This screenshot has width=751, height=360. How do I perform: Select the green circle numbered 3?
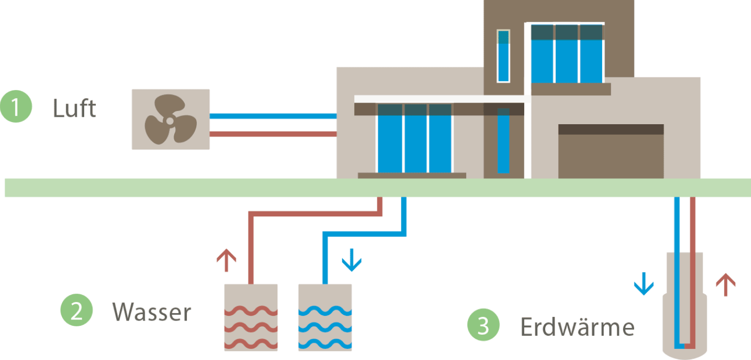pos(483,326)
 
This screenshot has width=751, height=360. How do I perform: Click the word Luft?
pos(74,108)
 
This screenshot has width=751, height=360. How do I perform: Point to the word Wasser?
pos(152,312)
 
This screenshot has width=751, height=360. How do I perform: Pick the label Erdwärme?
pos(577,327)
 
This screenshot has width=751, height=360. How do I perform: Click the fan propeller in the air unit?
pos(170,119)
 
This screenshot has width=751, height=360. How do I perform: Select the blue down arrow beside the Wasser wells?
pos(351,261)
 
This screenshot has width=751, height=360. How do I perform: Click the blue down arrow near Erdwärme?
pos(643,284)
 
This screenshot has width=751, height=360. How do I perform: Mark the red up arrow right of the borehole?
pos(726,284)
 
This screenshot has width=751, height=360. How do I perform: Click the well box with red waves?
pos(251,317)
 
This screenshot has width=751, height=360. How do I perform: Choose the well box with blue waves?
pos(325,317)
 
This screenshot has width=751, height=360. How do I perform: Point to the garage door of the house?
pos(610,155)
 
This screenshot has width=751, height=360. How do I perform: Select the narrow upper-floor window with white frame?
pos(503,56)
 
